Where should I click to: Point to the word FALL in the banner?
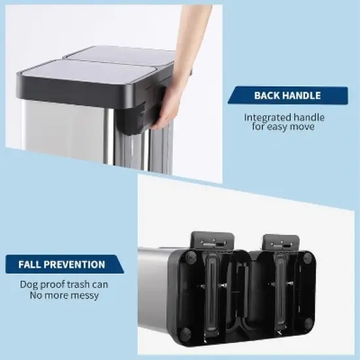pyautogui.click(x=30, y=264)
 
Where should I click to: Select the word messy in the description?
pyautogui.click(x=84, y=295)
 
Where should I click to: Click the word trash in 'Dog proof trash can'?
pyautogui.click(x=77, y=285)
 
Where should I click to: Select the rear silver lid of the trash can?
pyautogui.click(x=124, y=55)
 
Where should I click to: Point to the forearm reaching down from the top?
pyautogui.click(x=189, y=33)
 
